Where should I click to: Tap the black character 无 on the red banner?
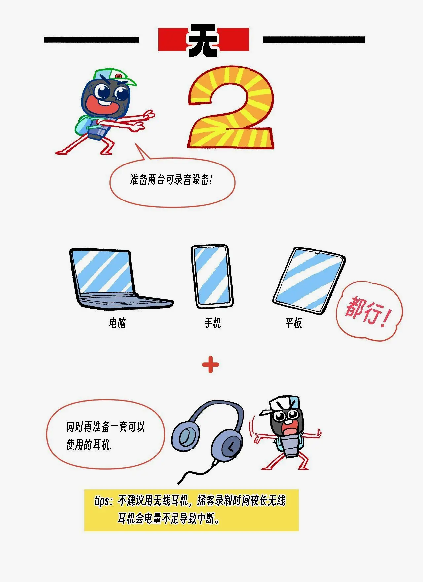(x=203, y=40)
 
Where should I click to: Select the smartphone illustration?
(x=212, y=276)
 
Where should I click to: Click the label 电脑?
(x=118, y=323)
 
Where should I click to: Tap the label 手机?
(x=212, y=323)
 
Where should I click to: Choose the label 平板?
(x=294, y=323)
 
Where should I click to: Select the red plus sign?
(x=211, y=365)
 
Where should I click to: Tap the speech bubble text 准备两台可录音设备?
(x=171, y=180)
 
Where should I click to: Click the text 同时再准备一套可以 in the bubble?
(x=105, y=427)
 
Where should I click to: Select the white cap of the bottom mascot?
(x=280, y=405)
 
